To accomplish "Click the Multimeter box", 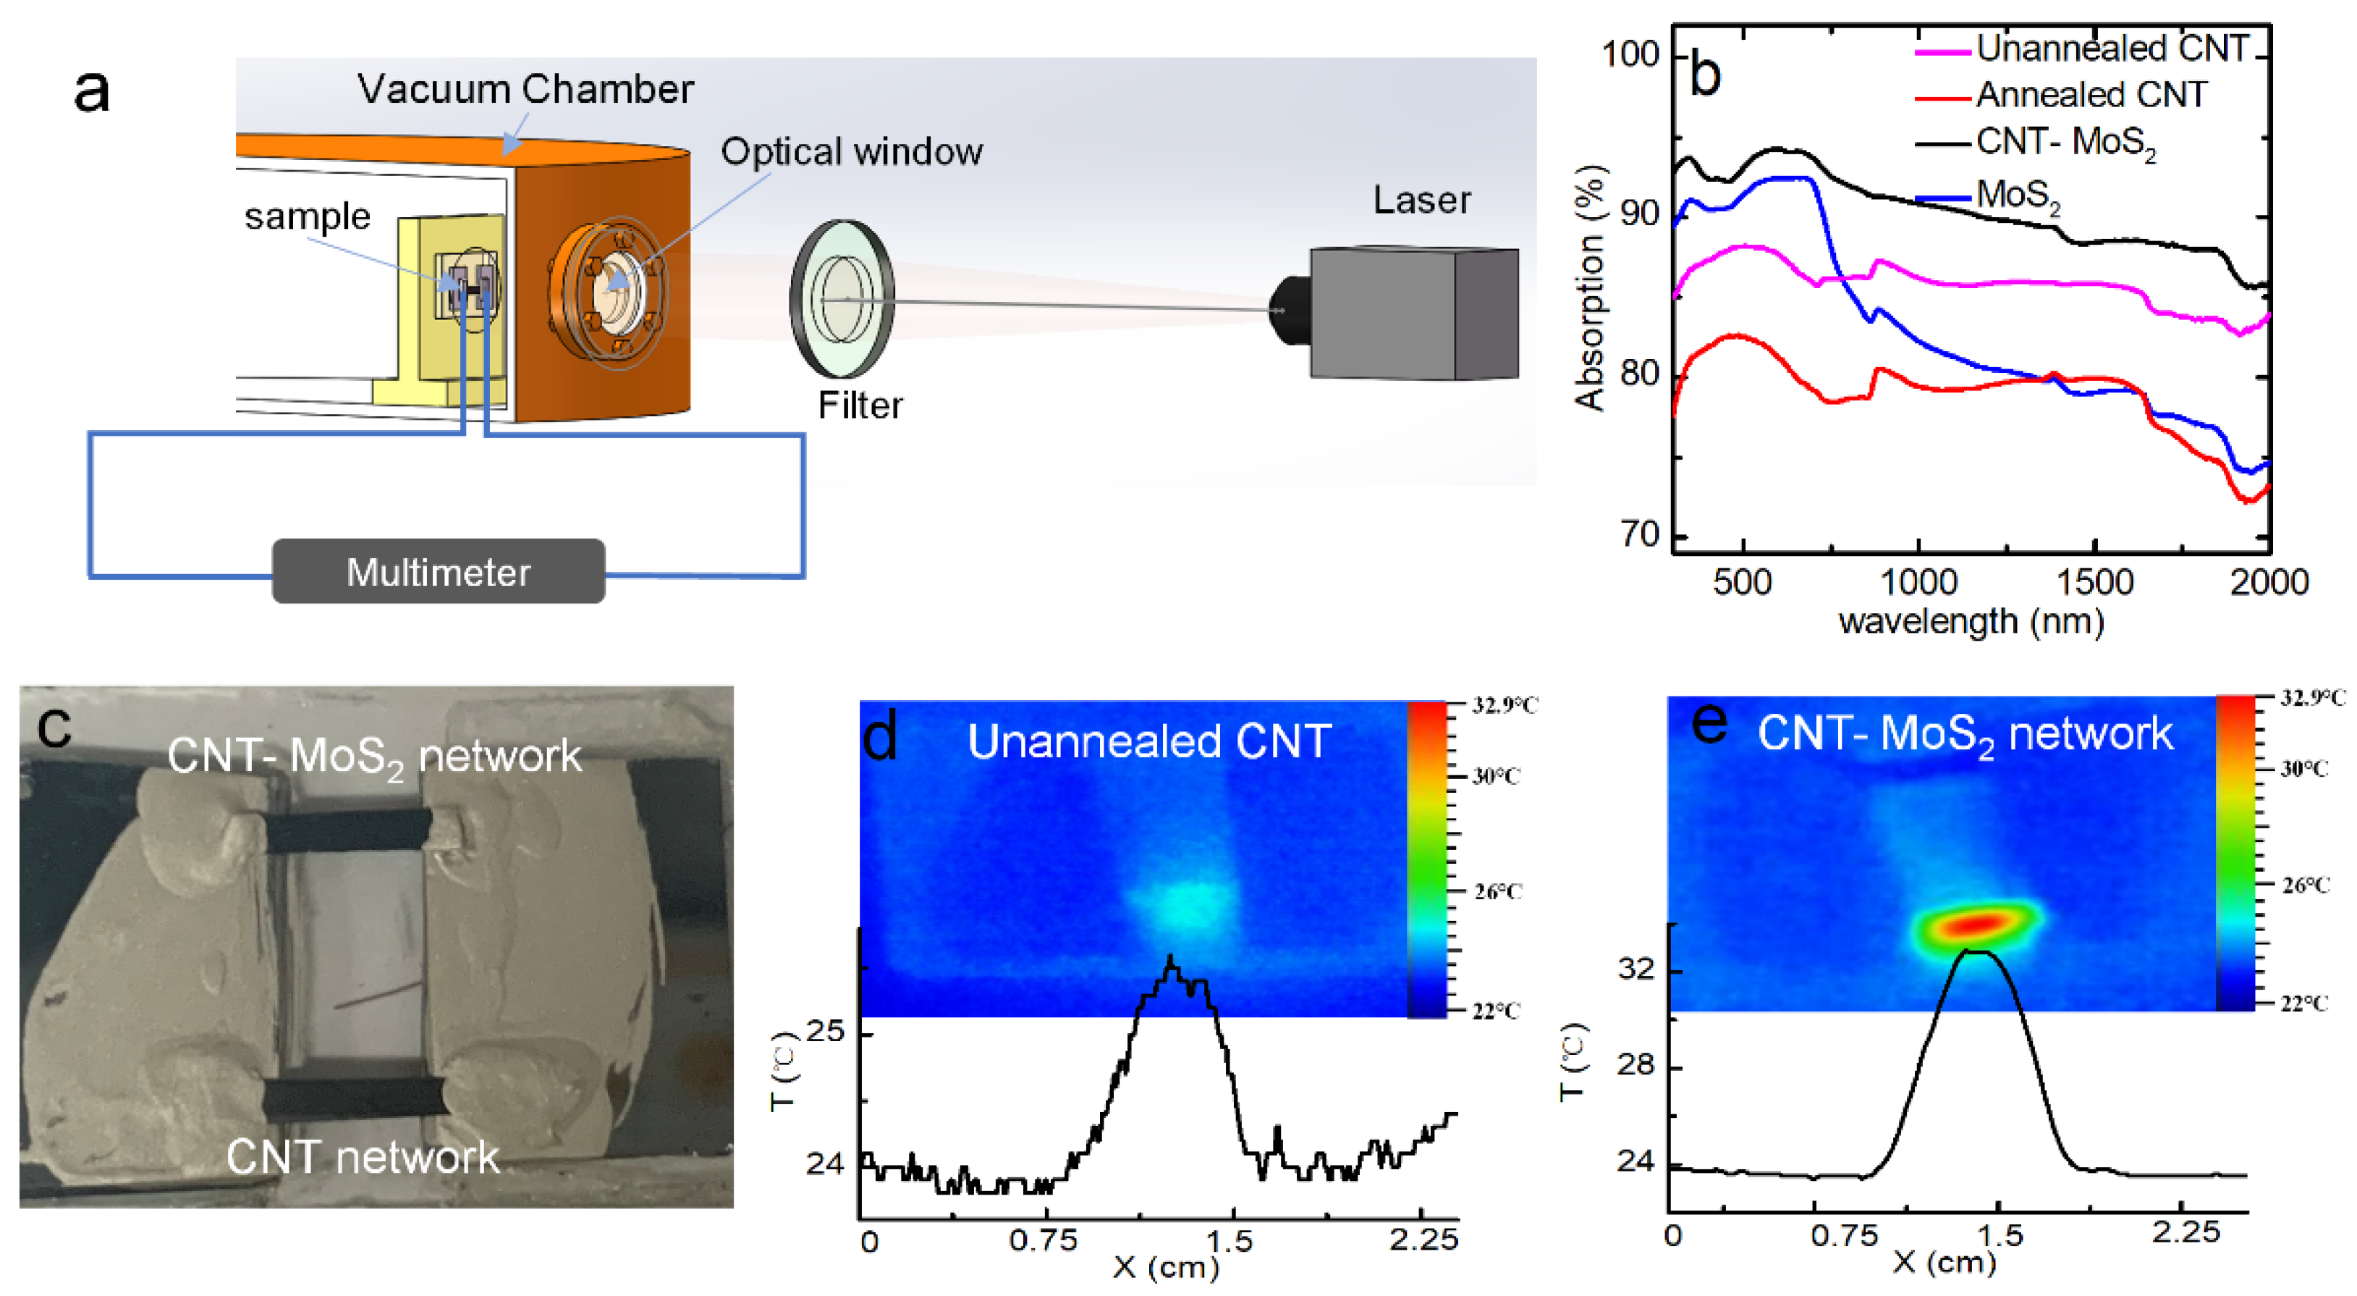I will pos(439,571).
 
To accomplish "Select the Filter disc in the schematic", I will pos(842,298).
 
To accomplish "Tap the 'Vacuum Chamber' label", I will pos(525,90).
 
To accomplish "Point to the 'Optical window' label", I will pos(851,152).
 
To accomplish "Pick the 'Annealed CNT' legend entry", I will pos(2091,94).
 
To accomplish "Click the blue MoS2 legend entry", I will pos(2018,195).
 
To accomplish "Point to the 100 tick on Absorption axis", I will pos(1630,55).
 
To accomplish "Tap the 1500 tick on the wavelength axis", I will pos(2094,582).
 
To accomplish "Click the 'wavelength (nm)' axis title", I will pos(1972,621).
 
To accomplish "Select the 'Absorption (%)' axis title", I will pos(1590,288).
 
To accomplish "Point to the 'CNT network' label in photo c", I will pos(363,1157).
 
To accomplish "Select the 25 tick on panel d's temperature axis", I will pos(826,1032).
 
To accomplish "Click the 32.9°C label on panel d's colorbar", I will pos(1505,704).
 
